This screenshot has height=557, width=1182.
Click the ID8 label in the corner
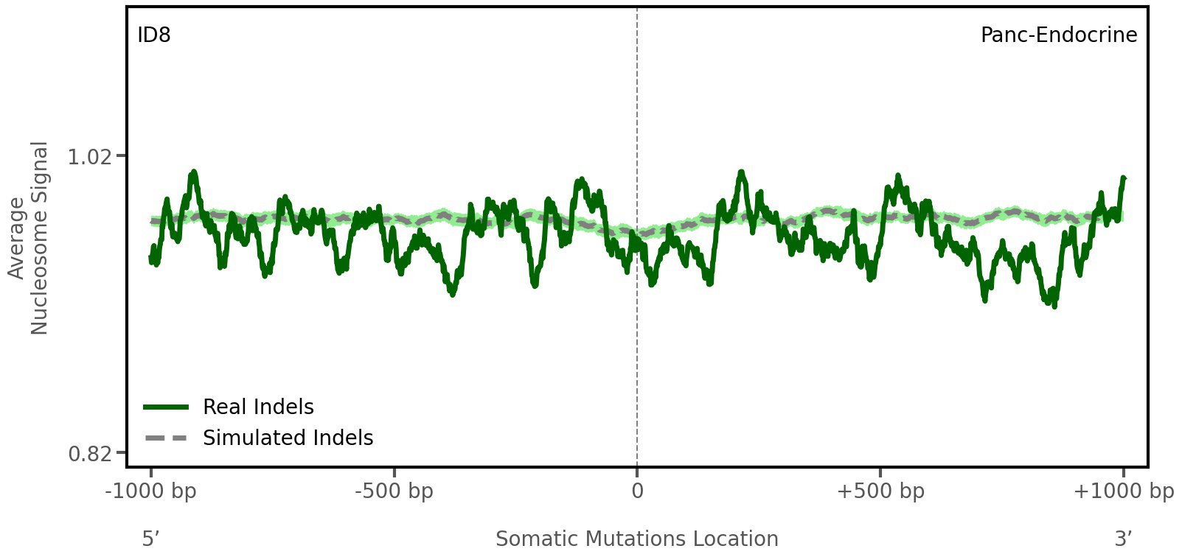pos(154,35)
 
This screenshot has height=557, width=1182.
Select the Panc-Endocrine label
pos(1058,35)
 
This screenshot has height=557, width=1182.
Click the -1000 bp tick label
pos(151,491)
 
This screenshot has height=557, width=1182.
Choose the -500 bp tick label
pos(394,491)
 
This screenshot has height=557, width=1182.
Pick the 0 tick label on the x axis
pos(637,491)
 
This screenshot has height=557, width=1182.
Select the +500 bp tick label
pos(880,491)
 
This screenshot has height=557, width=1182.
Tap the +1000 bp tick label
pos(1123,491)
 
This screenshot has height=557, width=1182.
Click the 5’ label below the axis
pos(150,539)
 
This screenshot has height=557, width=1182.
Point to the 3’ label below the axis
pos(1123,539)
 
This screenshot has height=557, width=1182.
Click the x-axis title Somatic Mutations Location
pos(637,539)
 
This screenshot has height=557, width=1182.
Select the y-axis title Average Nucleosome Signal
pos(29,237)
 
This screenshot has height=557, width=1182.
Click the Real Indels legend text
pos(258,407)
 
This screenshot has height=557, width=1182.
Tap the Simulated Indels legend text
pos(288,438)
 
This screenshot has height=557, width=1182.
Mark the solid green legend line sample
pos(167,407)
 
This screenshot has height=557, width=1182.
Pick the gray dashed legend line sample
pos(167,438)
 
